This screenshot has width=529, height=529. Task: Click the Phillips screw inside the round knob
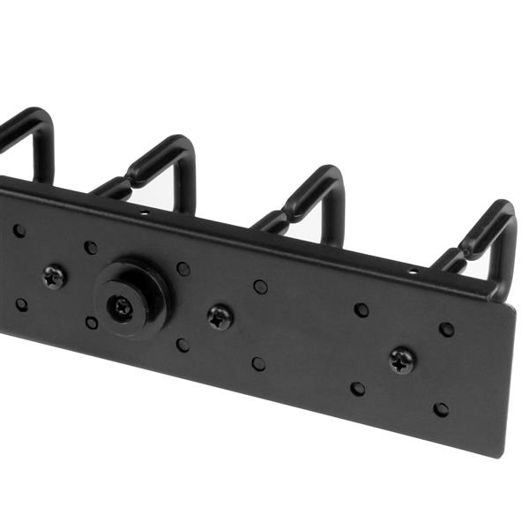121,307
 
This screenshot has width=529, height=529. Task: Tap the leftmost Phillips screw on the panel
54,277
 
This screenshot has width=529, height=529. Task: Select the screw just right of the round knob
220,317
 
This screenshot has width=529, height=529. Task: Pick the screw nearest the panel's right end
403,359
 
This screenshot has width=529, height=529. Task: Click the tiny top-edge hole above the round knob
143,212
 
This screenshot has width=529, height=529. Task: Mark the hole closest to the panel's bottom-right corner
441,409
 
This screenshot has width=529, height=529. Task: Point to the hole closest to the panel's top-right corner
447,329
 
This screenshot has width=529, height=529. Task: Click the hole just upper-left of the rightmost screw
361,309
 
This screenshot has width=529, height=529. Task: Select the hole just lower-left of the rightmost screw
357,388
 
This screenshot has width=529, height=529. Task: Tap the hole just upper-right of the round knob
183,268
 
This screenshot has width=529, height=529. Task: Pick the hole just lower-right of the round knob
182,345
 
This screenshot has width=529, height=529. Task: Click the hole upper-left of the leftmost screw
19,231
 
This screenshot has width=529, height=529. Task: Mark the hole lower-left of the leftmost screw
21,304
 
